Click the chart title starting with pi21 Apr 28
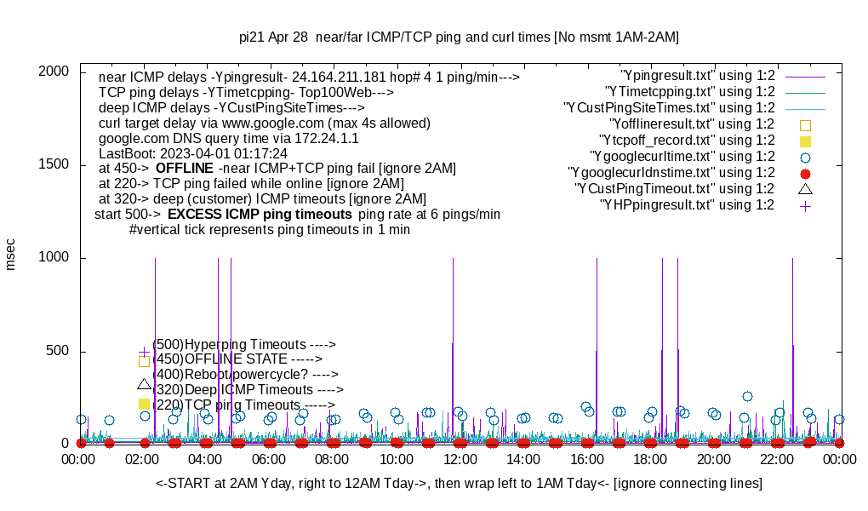[x=459, y=37]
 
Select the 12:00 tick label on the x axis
[x=460, y=459]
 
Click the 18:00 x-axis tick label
[x=650, y=459]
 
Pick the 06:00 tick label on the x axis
[x=270, y=459]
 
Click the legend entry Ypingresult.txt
[x=698, y=75]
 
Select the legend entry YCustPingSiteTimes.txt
[x=669, y=107]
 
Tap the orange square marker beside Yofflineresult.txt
[x=805, y=124]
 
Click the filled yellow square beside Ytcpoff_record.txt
[x=805, y=141]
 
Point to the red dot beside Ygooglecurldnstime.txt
[x=805, y=173]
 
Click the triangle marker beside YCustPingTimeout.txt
[x=805, y=188]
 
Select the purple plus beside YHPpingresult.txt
[x=805, y=205]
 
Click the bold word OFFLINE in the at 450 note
[x=184, y=169]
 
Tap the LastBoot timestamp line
[x=193, y=153]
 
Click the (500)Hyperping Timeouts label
[x=244, y=344]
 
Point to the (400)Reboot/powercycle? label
[x=246, y=374]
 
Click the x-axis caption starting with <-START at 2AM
[x=459, y=484]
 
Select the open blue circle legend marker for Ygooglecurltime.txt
[x=805, y=157]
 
